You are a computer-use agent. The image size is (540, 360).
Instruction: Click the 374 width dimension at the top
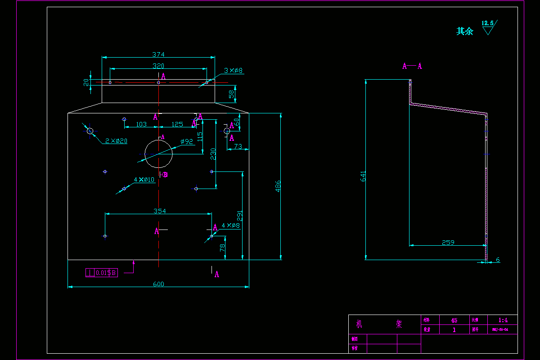158,54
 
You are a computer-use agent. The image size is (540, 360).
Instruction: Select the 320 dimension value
158,66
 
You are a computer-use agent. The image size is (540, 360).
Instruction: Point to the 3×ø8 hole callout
234,71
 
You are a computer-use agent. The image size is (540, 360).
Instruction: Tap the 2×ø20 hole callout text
116,141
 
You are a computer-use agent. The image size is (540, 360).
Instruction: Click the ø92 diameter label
187,141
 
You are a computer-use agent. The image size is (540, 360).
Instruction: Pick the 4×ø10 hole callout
144,180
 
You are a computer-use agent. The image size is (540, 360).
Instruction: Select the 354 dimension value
159,211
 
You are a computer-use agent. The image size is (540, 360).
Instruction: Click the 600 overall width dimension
158,284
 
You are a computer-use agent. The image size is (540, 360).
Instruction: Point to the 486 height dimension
278,186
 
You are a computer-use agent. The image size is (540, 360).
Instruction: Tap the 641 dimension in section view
363,176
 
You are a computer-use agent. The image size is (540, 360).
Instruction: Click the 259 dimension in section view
448,243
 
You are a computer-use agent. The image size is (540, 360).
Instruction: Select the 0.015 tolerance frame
102,273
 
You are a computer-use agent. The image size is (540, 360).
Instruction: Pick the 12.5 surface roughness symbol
488,27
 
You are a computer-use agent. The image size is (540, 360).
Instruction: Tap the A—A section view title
412,66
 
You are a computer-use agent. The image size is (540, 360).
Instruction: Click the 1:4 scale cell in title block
503,320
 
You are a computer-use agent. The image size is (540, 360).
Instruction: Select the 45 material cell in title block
454,320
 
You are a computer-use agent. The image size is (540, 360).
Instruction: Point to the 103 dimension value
141,124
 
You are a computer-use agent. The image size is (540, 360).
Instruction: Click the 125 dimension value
177,124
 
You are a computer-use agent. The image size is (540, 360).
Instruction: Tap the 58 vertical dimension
231,94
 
